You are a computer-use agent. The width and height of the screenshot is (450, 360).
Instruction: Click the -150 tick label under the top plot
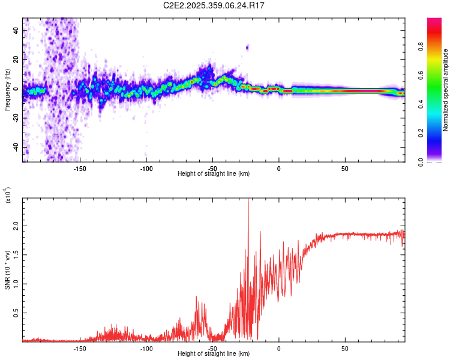(80, 169)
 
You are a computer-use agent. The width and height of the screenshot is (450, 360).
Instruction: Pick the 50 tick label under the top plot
(344, 169)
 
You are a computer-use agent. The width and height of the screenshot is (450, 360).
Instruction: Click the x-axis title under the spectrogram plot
(214, 174)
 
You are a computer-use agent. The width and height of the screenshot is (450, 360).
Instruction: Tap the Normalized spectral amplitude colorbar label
(446, 91)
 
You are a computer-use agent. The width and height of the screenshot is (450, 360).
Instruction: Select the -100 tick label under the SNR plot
(146, 349)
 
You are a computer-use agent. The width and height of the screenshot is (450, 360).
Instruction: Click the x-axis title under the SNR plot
(214, 354)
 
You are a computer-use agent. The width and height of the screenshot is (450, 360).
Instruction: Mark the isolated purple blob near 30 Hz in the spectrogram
(247, 47)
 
